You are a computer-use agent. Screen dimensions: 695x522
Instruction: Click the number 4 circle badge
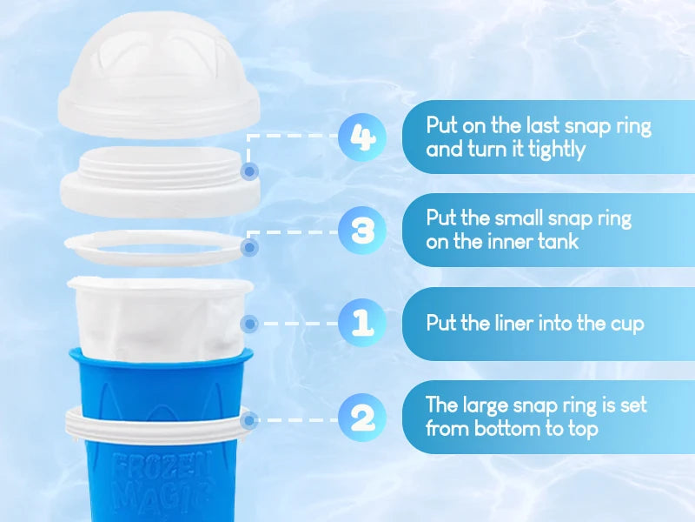pyautogui.click(x=362, y=137)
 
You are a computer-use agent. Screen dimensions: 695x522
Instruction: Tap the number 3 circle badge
pyautogui.click(x=362, y=231)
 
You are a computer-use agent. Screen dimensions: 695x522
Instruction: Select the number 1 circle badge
pyautogui.click(x=362, y=323)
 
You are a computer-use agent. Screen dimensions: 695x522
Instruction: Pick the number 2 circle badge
pyautogui.click(x=362, y=418)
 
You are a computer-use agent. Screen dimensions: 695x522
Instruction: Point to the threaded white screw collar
pyautogui.click(x=160, y=181)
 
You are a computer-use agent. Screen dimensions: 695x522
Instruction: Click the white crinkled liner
pyautogui.click(x=160, y=318)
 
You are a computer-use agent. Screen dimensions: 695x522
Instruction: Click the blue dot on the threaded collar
pyautogui.click(x=249, y=171)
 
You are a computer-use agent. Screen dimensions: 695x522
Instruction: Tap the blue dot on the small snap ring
pyautogui.click(x=249, y=247)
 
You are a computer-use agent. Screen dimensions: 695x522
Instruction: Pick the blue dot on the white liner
pyautogui.click(x=249, y=324)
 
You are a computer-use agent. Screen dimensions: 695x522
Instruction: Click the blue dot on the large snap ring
pyautogui.click(x=249, y=419)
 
